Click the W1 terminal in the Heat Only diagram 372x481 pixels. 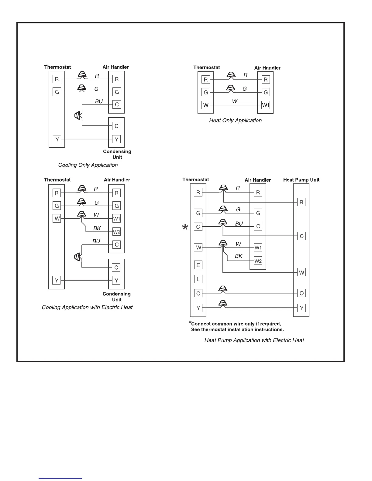point(266,105)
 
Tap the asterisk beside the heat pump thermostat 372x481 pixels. point(185,227)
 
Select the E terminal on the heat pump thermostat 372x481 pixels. point(198,265)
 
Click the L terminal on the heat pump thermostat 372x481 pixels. point(198,279)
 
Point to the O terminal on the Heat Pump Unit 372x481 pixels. point(301,293)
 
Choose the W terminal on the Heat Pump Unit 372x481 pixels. point(301,273)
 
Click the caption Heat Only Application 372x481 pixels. point(235,121)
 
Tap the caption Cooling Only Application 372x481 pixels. point(88,165)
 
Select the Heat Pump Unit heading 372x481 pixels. point(301,180)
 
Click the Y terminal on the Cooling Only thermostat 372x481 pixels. point(57,139)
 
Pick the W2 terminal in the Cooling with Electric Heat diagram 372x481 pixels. point(117,232)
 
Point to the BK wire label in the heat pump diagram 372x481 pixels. point(239,256)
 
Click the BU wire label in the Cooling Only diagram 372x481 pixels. point(99,101)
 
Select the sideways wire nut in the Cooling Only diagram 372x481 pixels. point(78,115)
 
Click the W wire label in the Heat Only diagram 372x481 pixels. point(235,101)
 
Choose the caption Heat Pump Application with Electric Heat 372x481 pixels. point(254,340)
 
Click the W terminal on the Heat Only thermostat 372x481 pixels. point(206,105)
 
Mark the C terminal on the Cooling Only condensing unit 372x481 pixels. point(116,126)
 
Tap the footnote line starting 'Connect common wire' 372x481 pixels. point(236,324)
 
